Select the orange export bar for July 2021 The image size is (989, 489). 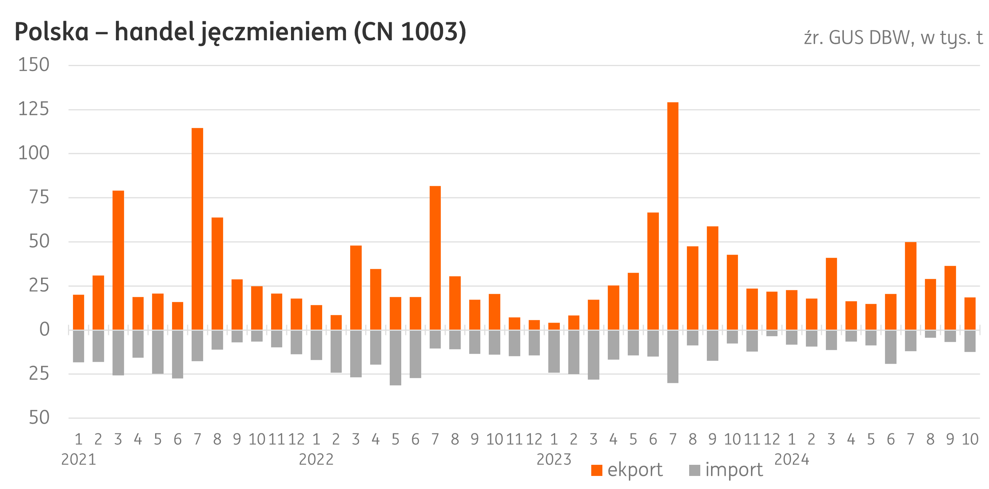coord(197,229)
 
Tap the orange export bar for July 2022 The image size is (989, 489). coord(435,258)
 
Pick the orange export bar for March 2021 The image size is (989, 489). coord(118,260)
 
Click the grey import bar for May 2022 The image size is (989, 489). coord(395,357)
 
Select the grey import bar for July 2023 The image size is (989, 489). coord(673,356)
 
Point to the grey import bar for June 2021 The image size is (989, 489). coord(177,354)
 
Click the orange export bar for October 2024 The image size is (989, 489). coord(970,313)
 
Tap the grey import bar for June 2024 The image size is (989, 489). coord(891,346)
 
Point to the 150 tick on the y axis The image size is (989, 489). coord(34,65)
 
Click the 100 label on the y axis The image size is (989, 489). coord(34,154)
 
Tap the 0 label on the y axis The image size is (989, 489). coord(45,330)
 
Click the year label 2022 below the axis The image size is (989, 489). coord(316,459)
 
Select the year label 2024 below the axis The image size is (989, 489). coord(792,459)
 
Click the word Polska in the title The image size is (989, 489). coord(51,32)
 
